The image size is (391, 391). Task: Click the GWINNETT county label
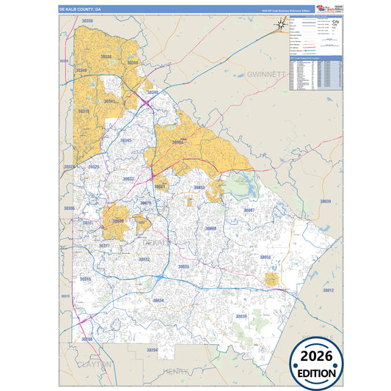point(264,75)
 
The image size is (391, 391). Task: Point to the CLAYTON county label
point(95,364)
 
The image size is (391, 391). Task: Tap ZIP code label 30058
point(265,257)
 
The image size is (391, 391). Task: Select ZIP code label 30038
point(241,316)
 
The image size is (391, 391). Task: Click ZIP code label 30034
point(158,300)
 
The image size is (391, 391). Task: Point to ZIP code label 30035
point(183,266)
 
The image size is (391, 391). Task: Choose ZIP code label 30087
point(249,210)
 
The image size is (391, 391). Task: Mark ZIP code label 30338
point(106,56)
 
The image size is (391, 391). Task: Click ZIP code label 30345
point(126,139)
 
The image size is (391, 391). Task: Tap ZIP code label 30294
point(152,351)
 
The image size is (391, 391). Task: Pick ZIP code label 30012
point(328,290)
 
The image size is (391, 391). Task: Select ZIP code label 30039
point(325,201)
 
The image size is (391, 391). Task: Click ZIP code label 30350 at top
point(87,21)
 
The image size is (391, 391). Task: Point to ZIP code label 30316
point(86,279)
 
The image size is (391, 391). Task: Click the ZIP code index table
point(316,73)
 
